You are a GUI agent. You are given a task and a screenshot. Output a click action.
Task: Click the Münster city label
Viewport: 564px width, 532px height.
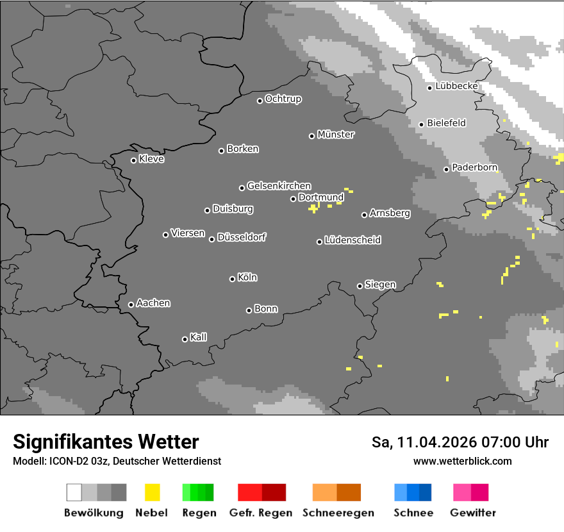click(x=336, y=135)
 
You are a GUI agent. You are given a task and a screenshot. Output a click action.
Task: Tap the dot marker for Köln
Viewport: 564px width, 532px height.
click(x=232, y=279)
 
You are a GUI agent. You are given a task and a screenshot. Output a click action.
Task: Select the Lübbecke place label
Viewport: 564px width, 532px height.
click(x=457, y=86)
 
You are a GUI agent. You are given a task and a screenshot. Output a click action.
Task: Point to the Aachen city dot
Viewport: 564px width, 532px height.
click(x=131, y=304)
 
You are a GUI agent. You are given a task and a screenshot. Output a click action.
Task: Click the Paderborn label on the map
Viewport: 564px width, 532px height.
click(x=475, y=167)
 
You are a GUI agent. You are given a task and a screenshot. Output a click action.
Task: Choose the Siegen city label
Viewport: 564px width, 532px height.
click(x=380, y=285)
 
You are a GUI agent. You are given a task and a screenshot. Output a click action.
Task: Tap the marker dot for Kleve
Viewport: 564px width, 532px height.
click(x=133, y=160)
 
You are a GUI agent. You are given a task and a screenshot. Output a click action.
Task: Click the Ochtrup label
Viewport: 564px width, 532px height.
click(x=283, y=99)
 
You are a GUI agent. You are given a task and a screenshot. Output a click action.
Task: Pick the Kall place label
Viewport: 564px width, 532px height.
click(x=199, y=337)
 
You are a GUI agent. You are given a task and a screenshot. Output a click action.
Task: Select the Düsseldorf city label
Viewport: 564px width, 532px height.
click(x=242, y=237)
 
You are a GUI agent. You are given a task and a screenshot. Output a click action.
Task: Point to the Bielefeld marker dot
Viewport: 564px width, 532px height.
click(x=421, y=124)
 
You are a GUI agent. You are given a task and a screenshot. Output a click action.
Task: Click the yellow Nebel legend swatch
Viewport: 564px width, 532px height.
click(x=152, y=492)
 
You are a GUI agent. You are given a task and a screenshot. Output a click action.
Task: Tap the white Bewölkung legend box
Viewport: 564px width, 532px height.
click(x=74, y=492)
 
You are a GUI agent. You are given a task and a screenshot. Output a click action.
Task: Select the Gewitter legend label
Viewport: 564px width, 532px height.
click(x=473, y=513)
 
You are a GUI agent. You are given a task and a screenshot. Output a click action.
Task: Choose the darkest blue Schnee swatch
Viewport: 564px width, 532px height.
click(x=426, y=492)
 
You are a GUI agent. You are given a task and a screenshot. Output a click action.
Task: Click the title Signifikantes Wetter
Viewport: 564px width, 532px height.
click(x=106, y=442)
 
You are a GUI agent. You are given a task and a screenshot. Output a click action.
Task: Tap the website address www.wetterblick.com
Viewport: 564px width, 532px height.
click(x=463, y=461)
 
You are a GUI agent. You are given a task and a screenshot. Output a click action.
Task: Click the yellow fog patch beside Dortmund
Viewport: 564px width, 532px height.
click(x=313, y=208)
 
